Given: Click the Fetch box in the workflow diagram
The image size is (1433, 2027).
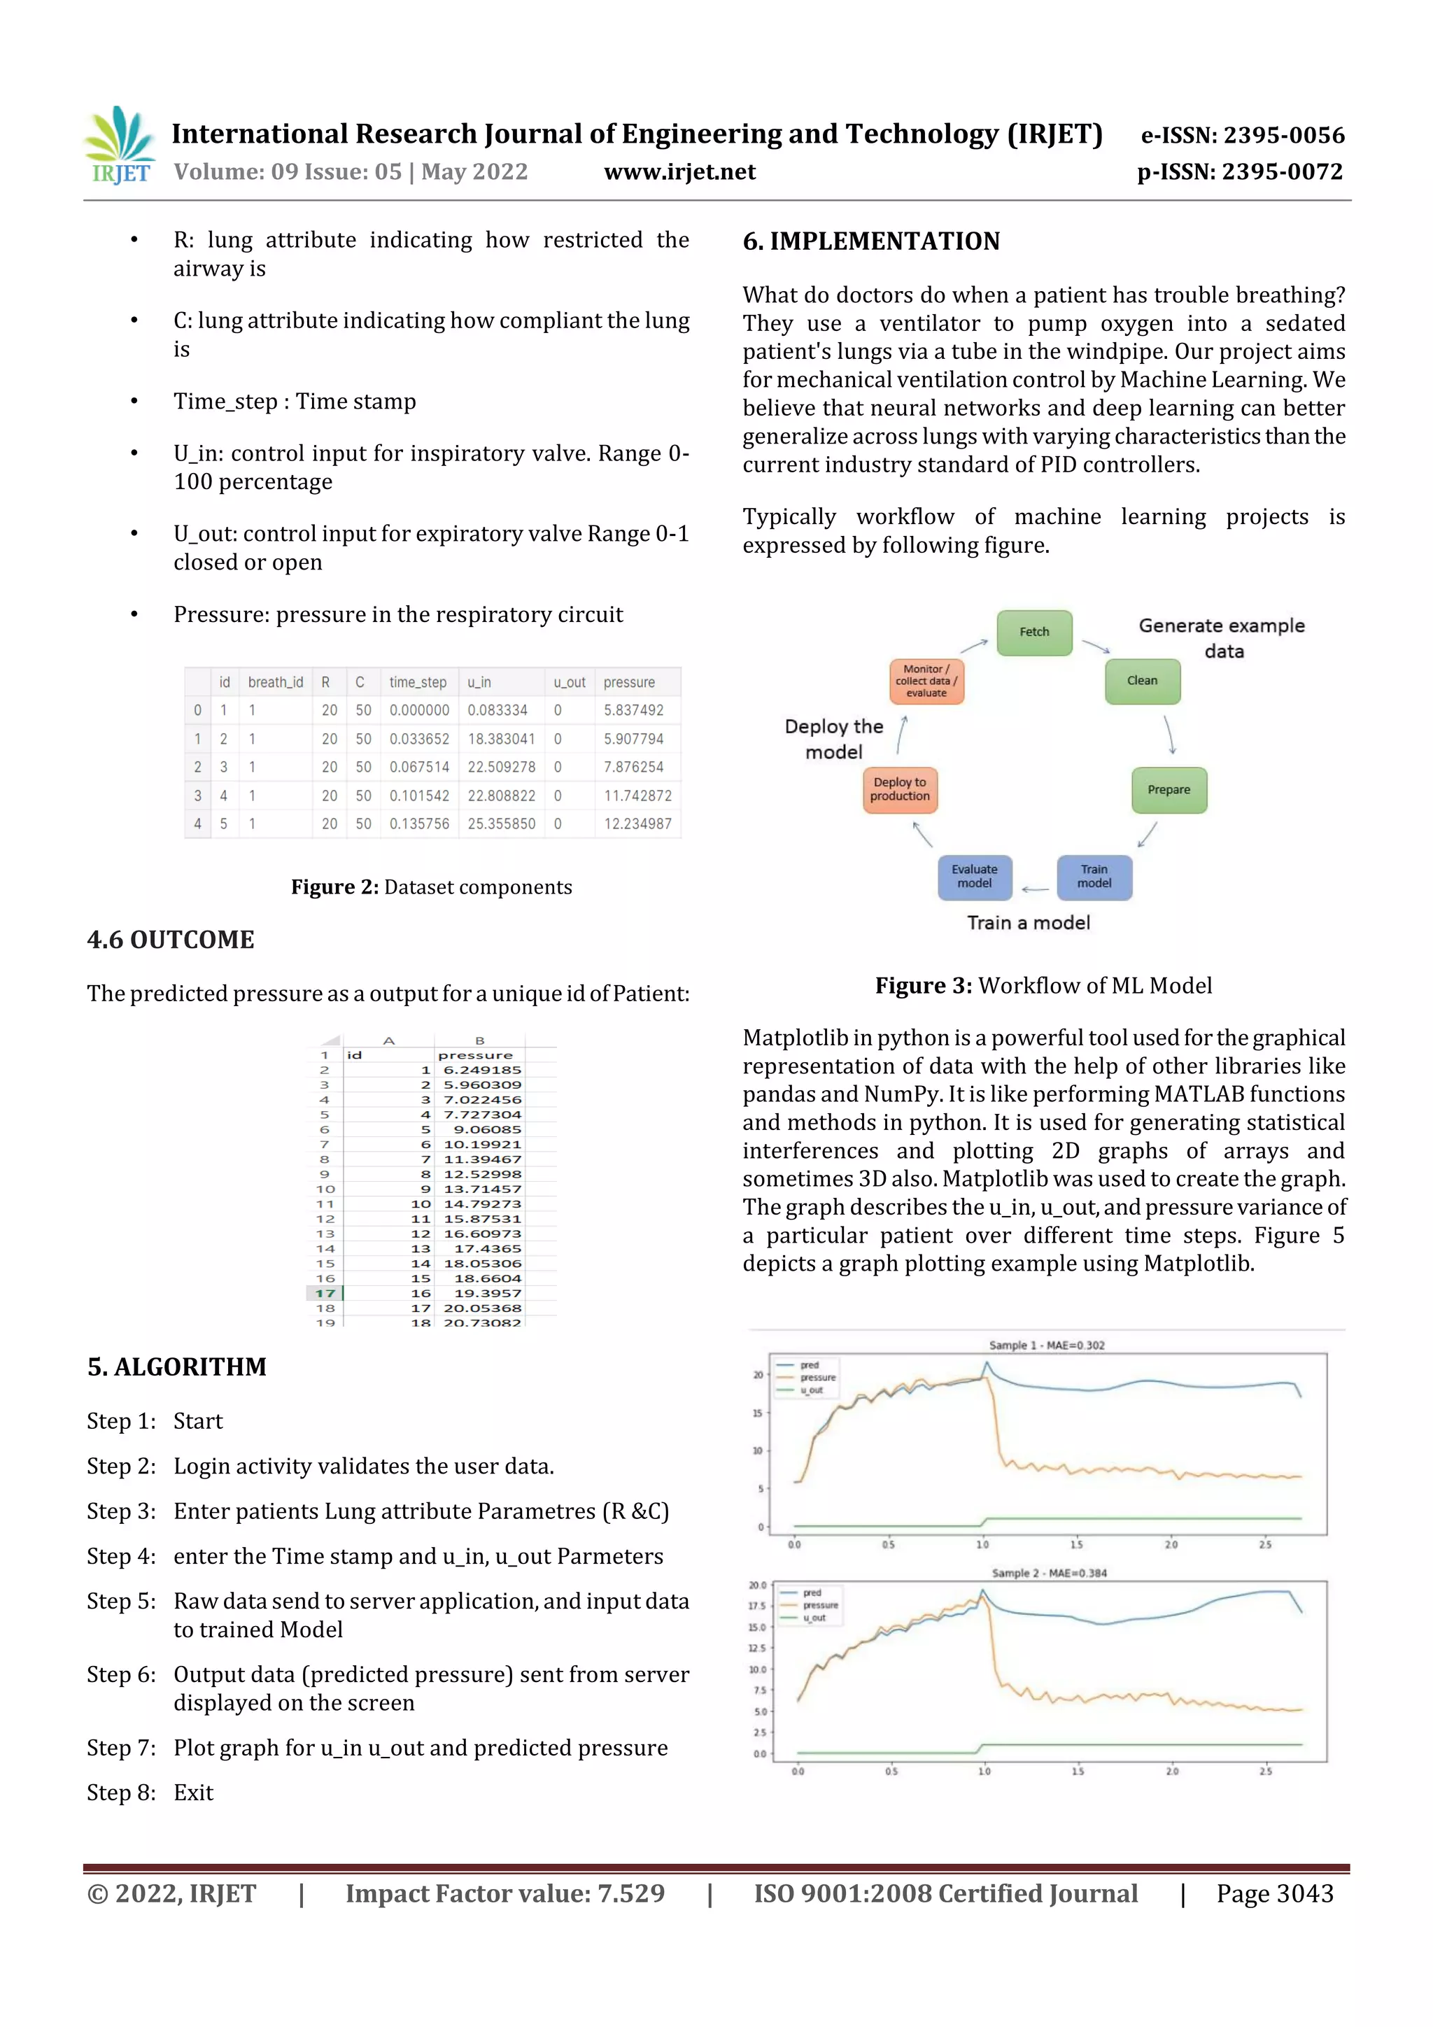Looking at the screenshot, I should click(1034, 632).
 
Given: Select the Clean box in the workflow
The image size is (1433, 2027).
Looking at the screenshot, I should click(1142, 681).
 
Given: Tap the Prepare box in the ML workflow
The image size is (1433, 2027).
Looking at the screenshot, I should click(1168, 789).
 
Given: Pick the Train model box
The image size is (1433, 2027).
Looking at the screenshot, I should click(1094, 877).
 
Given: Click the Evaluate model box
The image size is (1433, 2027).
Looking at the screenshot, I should click(974, 877).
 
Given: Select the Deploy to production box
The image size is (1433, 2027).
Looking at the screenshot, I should click(900, 789).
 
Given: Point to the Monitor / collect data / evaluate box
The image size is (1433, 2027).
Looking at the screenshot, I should click(925, 681).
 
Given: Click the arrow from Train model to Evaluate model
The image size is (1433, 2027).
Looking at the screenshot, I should click(1034, 889).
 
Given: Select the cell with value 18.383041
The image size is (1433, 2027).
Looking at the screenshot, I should click(500, 739).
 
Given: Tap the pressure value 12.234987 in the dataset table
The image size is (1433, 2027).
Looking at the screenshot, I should click(637, 824).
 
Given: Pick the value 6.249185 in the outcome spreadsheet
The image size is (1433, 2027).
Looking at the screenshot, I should click(482, 1070).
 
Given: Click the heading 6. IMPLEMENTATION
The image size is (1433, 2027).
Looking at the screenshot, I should click(870, 241).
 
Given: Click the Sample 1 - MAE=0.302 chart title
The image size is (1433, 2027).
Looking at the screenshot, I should click(1046, 1346).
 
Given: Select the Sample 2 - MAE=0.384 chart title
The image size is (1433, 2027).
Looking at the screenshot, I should click(1048, 1573).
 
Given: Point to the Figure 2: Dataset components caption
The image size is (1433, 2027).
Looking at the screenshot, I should click(432, 887).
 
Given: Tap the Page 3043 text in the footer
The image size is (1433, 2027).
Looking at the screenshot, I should click(1274, 1893).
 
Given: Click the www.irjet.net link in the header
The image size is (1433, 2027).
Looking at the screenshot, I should click(679, 171).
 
